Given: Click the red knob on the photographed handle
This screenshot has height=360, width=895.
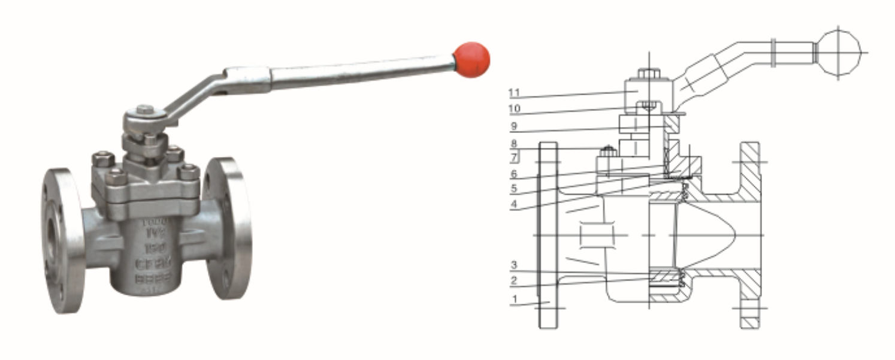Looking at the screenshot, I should pos(471,59).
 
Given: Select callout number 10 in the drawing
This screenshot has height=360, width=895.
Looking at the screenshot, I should pos(513,110).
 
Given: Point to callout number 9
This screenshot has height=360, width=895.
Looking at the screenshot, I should pos(513,126).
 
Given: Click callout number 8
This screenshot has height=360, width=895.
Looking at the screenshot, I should pos(513,144).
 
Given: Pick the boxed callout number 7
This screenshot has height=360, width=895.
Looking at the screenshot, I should pos(514,158).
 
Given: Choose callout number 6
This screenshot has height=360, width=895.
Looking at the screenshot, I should pos(513,174).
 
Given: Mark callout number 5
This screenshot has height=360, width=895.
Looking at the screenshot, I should pos(513,188).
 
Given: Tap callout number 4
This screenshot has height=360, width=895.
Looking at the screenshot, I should pos(513,204).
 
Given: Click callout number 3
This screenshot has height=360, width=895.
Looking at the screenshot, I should pos(513,265).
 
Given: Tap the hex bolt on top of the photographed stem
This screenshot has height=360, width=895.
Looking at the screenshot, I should pos(145,111).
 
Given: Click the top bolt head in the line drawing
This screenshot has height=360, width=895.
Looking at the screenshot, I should pos(649,74).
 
